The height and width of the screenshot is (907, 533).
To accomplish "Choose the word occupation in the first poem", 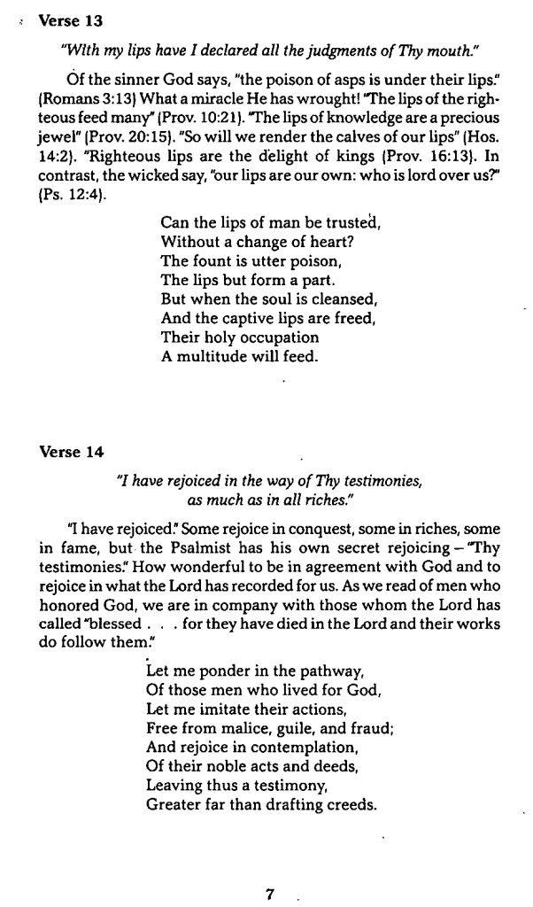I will pyautogui.click(x=276, y=337).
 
